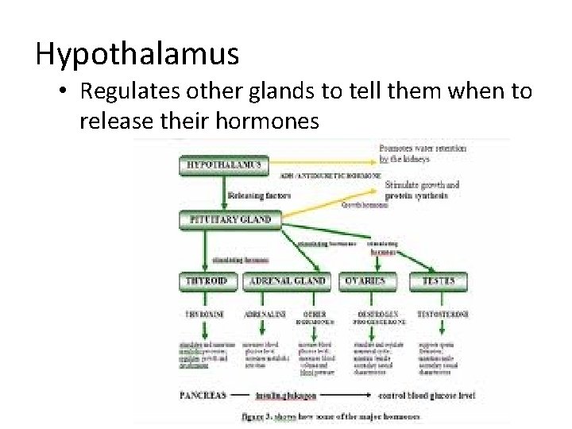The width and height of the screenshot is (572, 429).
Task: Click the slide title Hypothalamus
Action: click(x=137, y=54)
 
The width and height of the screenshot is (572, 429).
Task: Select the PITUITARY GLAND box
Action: click(x=229, y=218)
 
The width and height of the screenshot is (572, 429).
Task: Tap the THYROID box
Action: click(x=207, y=280)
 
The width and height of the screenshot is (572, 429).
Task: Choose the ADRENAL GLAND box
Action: click(x=288, y=280)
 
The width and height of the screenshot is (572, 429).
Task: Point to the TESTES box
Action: click(x=438, y=280)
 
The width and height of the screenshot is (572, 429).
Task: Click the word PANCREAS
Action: click(x=203, y=394)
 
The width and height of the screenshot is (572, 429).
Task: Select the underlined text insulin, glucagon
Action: click(x=286, y=394)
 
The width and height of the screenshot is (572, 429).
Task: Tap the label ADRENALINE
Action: click(x=266, y=314)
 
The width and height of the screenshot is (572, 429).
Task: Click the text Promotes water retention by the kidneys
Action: click(x=422, y=153)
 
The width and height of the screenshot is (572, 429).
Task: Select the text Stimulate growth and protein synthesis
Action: click(x=422, y=190)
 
